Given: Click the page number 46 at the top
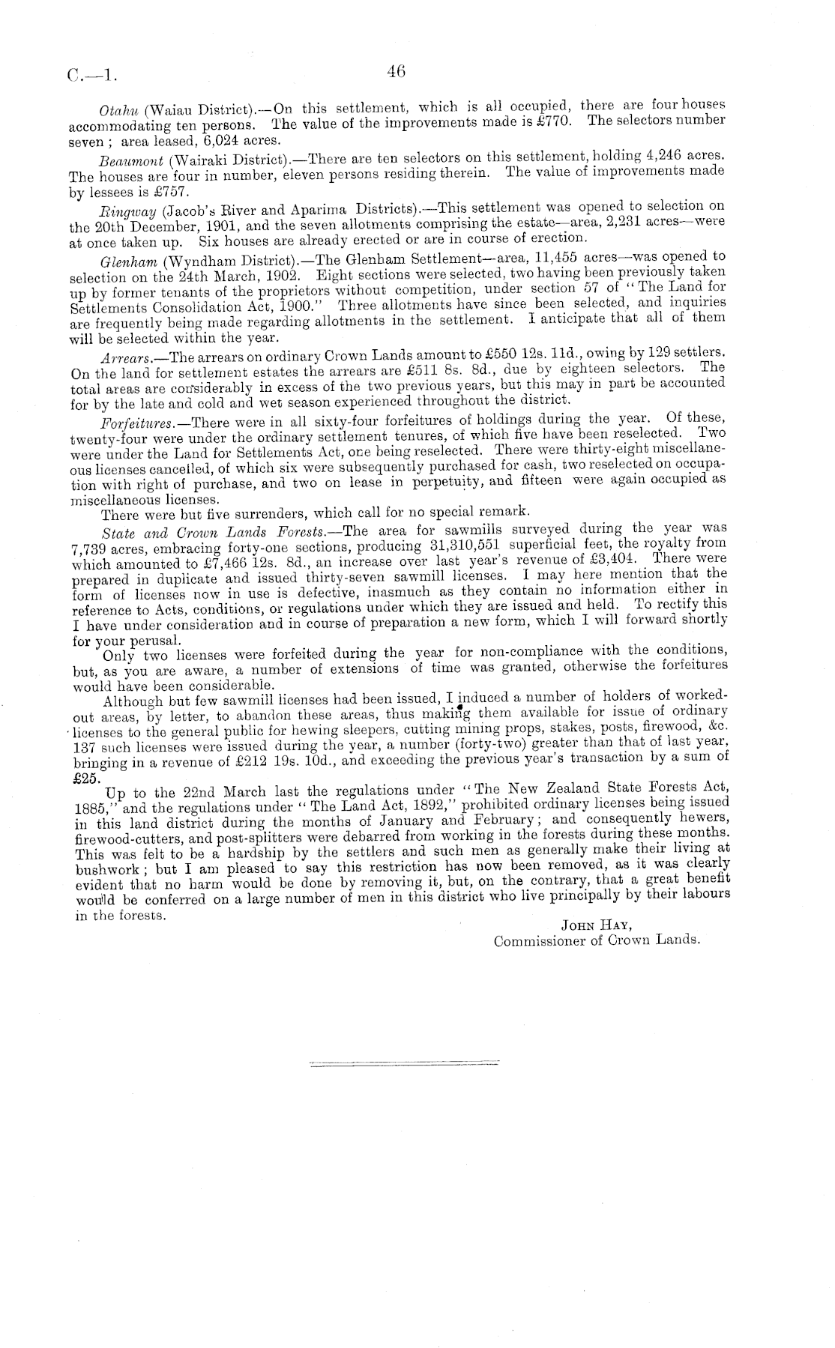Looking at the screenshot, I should [396, 72].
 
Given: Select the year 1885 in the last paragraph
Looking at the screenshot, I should [91, 808].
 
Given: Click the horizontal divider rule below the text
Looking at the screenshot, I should [405, 1062].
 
